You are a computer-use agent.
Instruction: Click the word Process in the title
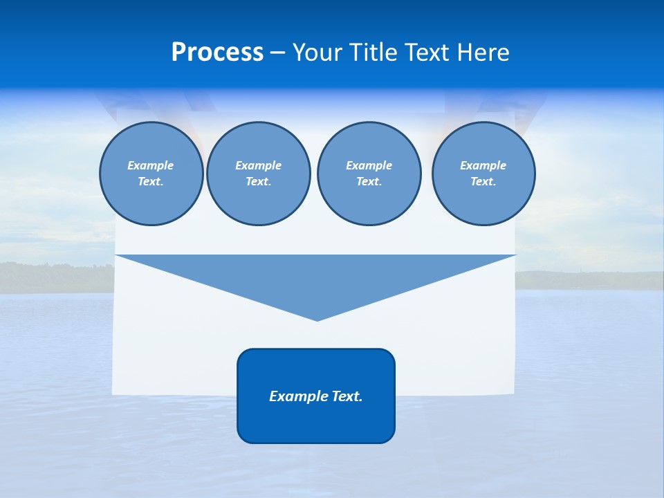coord(217,53)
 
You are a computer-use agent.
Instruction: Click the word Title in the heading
coord(371,53)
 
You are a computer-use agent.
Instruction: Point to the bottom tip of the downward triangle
coord(317,320)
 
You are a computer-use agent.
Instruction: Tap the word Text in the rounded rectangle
coord(346,396)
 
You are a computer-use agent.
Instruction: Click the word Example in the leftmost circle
coord(151,165)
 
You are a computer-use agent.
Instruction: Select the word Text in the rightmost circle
coord(483,181)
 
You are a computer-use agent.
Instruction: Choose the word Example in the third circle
coord(369,165)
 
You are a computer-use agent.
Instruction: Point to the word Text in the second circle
coord(258,181)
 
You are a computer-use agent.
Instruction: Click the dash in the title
coord(277,53)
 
